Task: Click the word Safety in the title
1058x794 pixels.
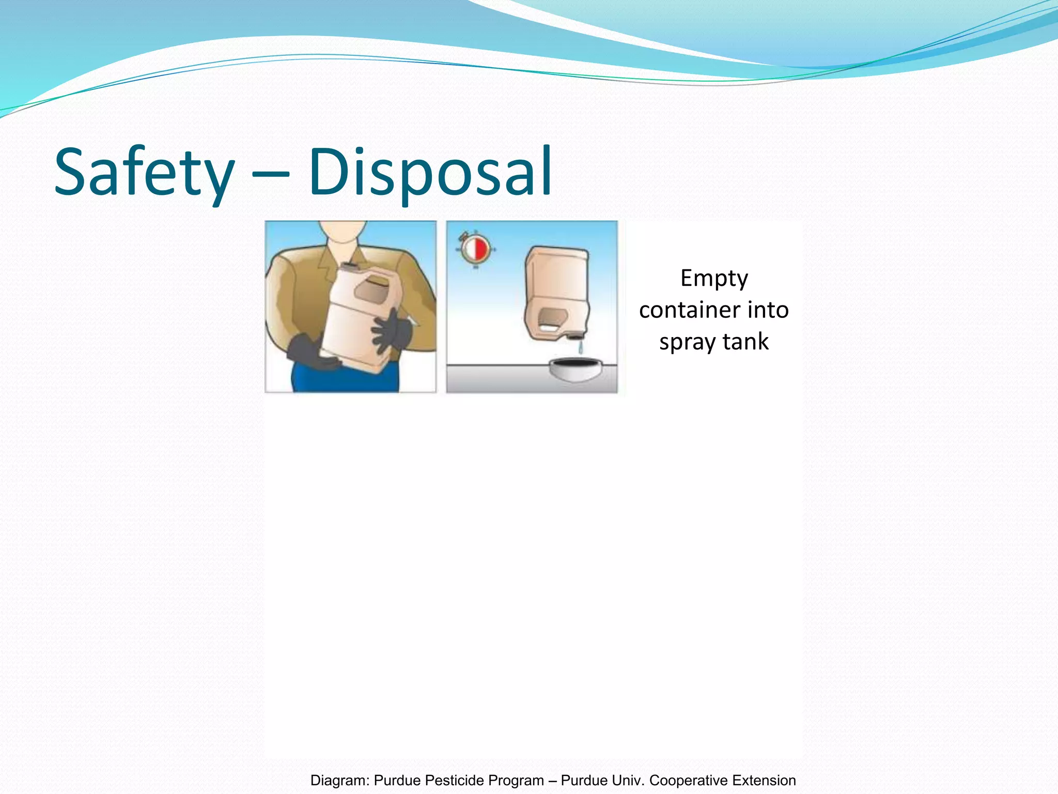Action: pyautogui.click(x=144, y=172)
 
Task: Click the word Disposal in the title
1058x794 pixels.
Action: pyautogui.click(x=430, y=172)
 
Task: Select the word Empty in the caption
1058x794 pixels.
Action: pyautogui.click(x=714, y=279)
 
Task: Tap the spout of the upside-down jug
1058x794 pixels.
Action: pyautogui.click(x=574, y=337)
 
